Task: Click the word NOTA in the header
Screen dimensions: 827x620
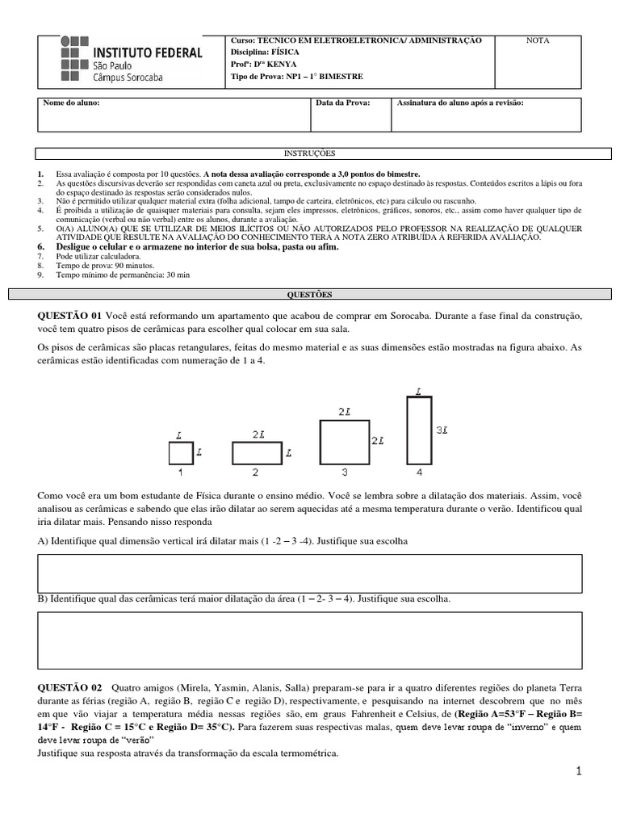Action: coord(538,40)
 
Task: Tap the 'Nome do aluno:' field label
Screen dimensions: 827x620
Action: coord(72,103)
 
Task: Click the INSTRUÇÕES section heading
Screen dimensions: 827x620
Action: coord(309,153)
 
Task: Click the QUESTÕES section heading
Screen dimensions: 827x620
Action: coord(309,295)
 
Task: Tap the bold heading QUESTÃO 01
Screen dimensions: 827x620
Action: coord(69,314)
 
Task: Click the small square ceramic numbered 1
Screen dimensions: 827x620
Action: coord(181,453)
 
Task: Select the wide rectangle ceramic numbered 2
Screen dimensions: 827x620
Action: coord(257,453)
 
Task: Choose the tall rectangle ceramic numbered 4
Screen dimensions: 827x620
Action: coord(417,430)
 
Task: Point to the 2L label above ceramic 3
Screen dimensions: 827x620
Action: coord(345,411)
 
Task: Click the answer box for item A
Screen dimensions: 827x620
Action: coord(309,573)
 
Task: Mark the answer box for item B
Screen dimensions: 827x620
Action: coord(309,640)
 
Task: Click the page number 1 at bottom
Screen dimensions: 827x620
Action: coord(578,772)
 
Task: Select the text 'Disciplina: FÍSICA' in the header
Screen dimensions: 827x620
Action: coord(265,52)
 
